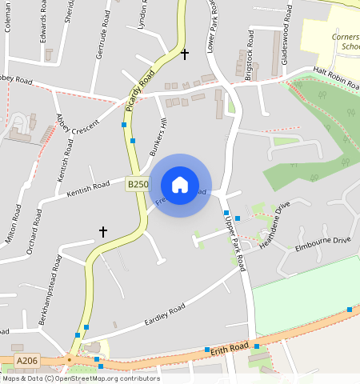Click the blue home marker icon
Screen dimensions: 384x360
pyautogui.click(x=180, y=185)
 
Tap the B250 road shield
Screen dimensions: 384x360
pyautogui.click(x=138, y=184)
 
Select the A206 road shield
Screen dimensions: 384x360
pyautogui.click(x=27, y=362)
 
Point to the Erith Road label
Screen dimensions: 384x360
pyautogui.click(x=230, y=349)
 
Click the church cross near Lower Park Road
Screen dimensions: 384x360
pyautogui.click(x=185, y=54)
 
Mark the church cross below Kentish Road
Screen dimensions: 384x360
pyautogui.click(x=102, y=232)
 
